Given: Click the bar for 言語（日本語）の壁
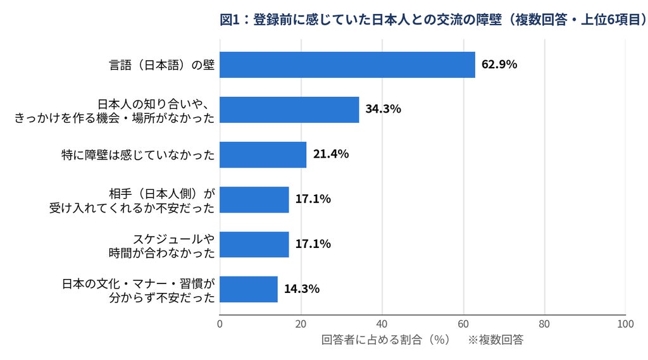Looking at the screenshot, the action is (x=347, y=65).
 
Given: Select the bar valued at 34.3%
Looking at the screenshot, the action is (x=289, y=110).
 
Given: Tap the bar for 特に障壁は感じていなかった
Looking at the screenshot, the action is (x=263, y=154).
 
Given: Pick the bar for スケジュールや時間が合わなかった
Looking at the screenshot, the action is (x=254, y=245).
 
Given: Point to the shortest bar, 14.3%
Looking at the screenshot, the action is (x=248, y=289).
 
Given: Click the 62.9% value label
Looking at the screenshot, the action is (x=499, y=65).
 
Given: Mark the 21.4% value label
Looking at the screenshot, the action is (x=330, y=154).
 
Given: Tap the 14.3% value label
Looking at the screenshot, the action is (x=302, y=289).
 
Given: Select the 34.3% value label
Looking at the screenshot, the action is (x=383, y=109).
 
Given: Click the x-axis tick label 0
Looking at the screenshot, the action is (x=220, y=324).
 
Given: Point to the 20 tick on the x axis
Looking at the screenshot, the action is (x=301, y=324).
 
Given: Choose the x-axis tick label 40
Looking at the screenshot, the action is (x=382, y=324).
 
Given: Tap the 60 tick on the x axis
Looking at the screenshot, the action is (x=463, y=324).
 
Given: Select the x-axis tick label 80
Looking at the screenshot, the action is (x=544, y=324).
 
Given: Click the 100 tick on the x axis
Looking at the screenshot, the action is (x=625, y=324).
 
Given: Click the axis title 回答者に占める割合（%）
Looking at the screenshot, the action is (x=385, y=340).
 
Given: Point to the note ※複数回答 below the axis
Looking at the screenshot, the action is (x=495, y=340).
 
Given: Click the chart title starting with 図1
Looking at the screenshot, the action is (x=433, y=20).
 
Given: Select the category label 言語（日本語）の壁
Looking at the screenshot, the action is (x=161, y=65).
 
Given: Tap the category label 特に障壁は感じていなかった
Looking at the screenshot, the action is (x=138, y=155).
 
